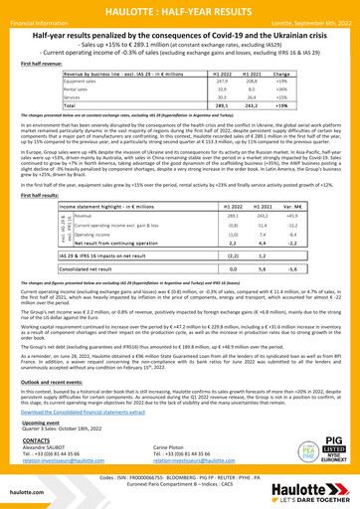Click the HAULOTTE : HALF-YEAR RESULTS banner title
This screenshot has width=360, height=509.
pos(179,8)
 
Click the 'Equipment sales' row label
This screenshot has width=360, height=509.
pos(88,81)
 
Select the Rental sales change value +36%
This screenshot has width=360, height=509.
pos(281,87)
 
